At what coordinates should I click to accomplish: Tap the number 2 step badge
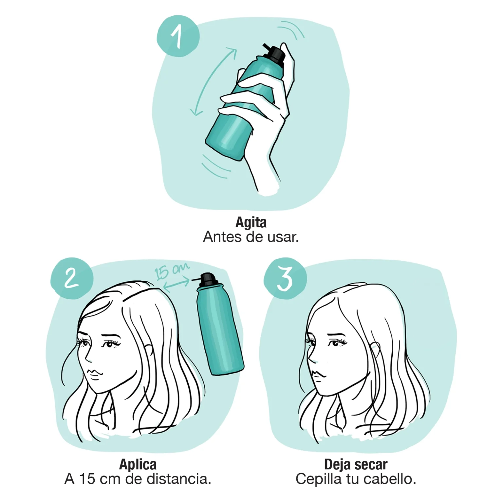[x=72, y=279]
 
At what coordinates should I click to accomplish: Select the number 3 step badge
[x=285, y=279]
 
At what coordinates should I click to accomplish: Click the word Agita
[x=251, y=223]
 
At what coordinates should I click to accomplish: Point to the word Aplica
[x=138, y=465]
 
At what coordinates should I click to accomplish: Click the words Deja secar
[x=356, y=465]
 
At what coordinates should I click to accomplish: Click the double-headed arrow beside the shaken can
[x=214, y=82]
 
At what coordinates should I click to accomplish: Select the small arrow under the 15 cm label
[x=176, y=284]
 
